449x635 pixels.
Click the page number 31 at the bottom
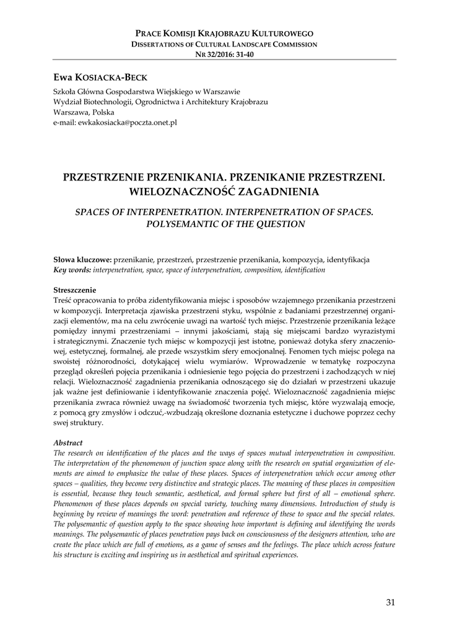pyautogui.click(x=390, y=602)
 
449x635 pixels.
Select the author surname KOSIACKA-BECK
pyautogui.click(x=110, y=77)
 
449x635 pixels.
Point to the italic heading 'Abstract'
pyautogui.click(x=68, y=443)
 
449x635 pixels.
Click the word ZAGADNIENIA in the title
pyautogui.click(x=268, y=191)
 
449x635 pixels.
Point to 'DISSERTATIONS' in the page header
pyautogui.click(x=158, y=45)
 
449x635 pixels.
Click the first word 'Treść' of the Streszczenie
pyautogui.click(x=63, y=300)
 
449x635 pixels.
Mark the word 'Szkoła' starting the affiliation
pyautogui.click(x=65, y=91)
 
